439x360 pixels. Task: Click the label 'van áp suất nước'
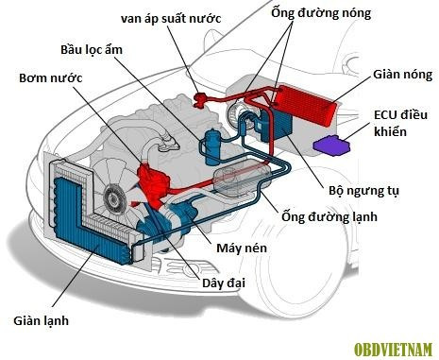pos(173,18)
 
